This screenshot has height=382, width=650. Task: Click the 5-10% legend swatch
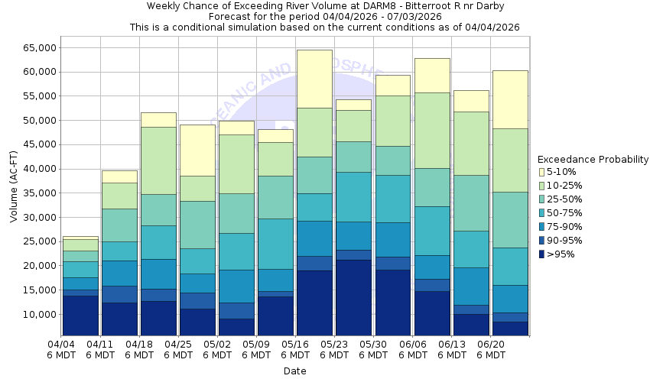[542, 172]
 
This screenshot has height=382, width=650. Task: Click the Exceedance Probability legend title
[593, 160]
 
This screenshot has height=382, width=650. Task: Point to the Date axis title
[294, 371]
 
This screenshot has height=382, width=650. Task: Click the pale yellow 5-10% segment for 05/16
[314, 79]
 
